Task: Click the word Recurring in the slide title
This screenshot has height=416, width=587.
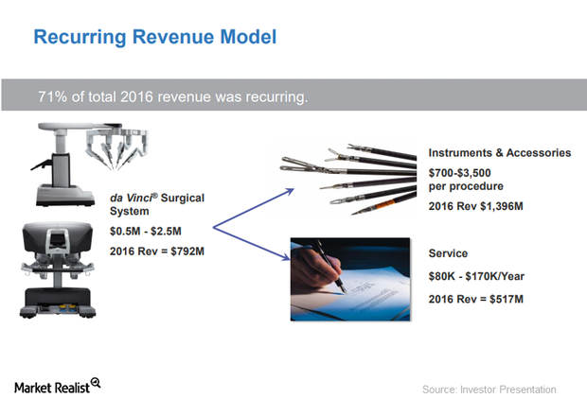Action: coord(80,38)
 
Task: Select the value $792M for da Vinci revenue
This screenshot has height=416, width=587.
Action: coord(187,251)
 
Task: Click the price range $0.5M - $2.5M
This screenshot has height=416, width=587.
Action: coord(145,231)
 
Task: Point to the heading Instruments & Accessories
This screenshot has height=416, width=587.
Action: coord(500,152)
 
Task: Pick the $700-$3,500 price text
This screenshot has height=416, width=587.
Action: coord(459,173)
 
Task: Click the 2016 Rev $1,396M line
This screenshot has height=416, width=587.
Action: coord(475,206)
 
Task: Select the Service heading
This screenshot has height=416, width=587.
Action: coord(448,253)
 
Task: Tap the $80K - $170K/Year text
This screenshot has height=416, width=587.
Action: coord(476,276)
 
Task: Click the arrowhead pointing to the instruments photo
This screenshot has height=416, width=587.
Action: coord(290,191)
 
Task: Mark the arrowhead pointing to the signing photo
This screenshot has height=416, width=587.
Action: coord(286,256)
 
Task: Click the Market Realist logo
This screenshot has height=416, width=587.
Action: coord(57,387)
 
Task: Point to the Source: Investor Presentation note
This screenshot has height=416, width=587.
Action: coord(489,390)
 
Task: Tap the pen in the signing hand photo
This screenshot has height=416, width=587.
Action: coord(331,266)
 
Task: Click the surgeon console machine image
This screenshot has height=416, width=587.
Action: coord(57,269)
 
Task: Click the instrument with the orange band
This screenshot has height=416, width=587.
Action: coord(384,204)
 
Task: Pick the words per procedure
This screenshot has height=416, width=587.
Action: coord(466,186)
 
